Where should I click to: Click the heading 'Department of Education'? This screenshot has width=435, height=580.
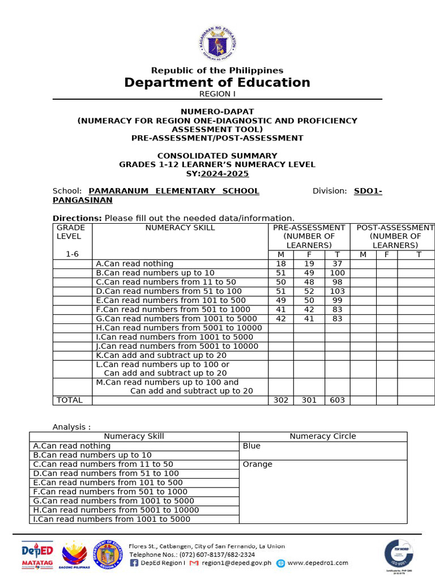[x=217, y=83]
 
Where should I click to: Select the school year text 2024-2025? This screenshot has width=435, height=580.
[x=225, y=174]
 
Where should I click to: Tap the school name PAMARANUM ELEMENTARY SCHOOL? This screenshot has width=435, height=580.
[x=174, y=191]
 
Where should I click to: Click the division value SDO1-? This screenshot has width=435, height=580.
[x=368, y=191]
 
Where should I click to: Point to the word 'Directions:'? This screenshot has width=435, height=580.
[x=77, y=218]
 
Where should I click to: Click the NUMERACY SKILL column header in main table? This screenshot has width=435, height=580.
[x=180, y=228]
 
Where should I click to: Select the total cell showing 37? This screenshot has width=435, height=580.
[x=337, y=264]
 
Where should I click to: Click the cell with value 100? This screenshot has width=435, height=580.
[x=337, y=273]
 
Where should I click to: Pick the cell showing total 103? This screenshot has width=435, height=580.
[x=337, y=291]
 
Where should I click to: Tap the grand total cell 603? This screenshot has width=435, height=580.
[x=337, y=400]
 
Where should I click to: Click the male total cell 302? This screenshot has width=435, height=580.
[x=281, y=400]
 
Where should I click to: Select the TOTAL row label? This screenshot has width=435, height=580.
[x=70, y=400]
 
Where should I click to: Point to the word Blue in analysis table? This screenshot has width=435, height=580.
[x=251, y=446]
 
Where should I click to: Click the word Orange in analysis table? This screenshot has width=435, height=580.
[x=257, y=464]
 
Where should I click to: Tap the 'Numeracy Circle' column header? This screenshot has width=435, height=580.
[x=323, y=437]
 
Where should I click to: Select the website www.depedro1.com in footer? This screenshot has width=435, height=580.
[x=317, y=563]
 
